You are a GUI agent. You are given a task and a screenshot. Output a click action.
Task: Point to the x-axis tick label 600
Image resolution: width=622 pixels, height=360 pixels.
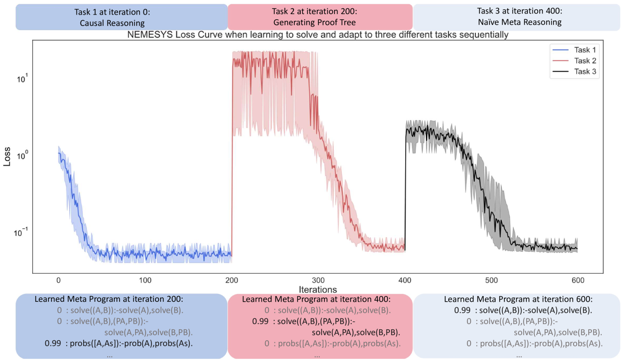click(x=577, y=280)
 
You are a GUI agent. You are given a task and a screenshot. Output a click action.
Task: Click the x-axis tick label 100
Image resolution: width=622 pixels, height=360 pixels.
click(x=146, y=280)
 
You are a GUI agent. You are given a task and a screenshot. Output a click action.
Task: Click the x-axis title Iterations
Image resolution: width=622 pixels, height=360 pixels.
click(x=318, y=289)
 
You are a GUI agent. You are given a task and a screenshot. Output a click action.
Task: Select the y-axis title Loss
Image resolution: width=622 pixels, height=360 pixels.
click(x=7, y=157)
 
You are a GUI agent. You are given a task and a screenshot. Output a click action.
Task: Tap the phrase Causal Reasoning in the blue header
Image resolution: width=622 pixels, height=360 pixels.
click(x=112, y=23)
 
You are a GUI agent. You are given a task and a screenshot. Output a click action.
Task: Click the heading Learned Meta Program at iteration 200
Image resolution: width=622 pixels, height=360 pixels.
click(x=109, y=299)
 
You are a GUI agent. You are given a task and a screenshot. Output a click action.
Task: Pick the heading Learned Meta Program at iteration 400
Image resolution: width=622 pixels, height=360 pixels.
click(x=316, y=299)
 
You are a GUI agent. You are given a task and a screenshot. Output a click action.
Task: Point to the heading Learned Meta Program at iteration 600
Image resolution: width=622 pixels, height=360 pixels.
click(x=519, y=299)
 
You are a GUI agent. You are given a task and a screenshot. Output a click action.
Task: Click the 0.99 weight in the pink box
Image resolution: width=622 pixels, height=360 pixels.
click(x=260, y=322)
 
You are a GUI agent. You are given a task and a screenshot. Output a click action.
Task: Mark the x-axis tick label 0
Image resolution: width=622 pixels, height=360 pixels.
click(x=58, y=280)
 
